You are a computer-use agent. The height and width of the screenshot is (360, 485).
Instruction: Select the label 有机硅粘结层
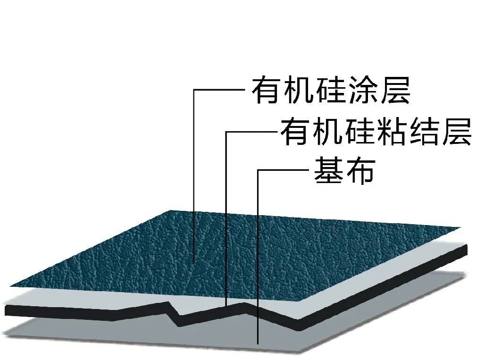tap(376, 132)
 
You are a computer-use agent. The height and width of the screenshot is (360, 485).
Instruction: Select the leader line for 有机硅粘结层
tap(226, 212)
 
